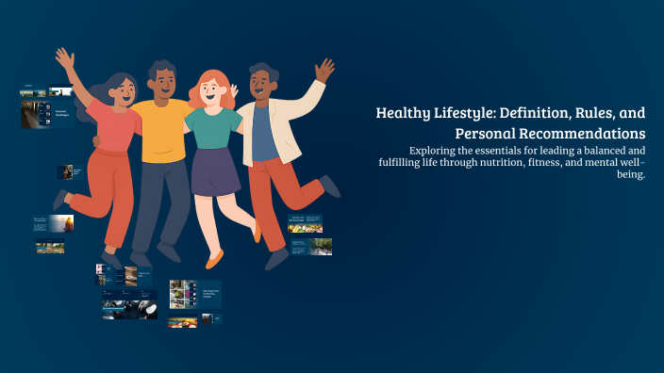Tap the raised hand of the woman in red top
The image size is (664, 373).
pyautogui.click(x=64, y=59)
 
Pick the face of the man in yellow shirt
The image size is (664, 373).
pyautogui.click(x=163, y=85)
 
